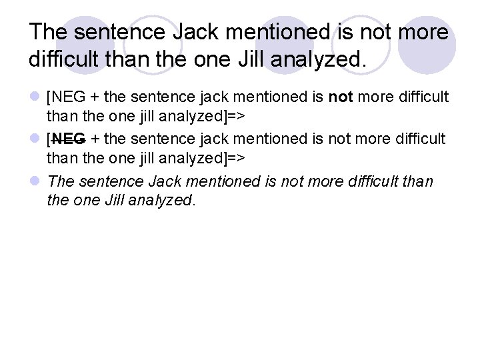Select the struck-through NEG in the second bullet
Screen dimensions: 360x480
[x=68, y=139]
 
